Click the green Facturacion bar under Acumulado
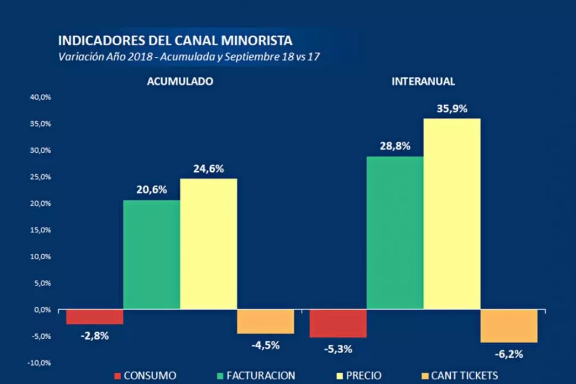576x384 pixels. point(151,254)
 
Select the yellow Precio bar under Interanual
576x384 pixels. point(452,214)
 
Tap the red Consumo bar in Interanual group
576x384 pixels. point(338,323)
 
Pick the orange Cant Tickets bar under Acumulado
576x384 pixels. point(265,322)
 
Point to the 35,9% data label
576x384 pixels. point(452,109)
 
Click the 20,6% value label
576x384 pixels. point(152,190)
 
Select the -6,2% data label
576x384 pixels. point(509,354)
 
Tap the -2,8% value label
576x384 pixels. point(94,335)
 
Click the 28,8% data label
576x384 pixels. point(395,146)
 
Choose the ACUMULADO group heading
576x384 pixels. point(180,81)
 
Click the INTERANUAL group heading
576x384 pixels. point(423,81)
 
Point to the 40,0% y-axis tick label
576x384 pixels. point(40,97)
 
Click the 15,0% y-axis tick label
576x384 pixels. point(40,230)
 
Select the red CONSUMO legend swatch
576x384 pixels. point(118,376)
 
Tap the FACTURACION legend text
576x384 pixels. point(261,376)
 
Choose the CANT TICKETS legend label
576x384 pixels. point(464,376)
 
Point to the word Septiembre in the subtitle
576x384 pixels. point(260,57)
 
